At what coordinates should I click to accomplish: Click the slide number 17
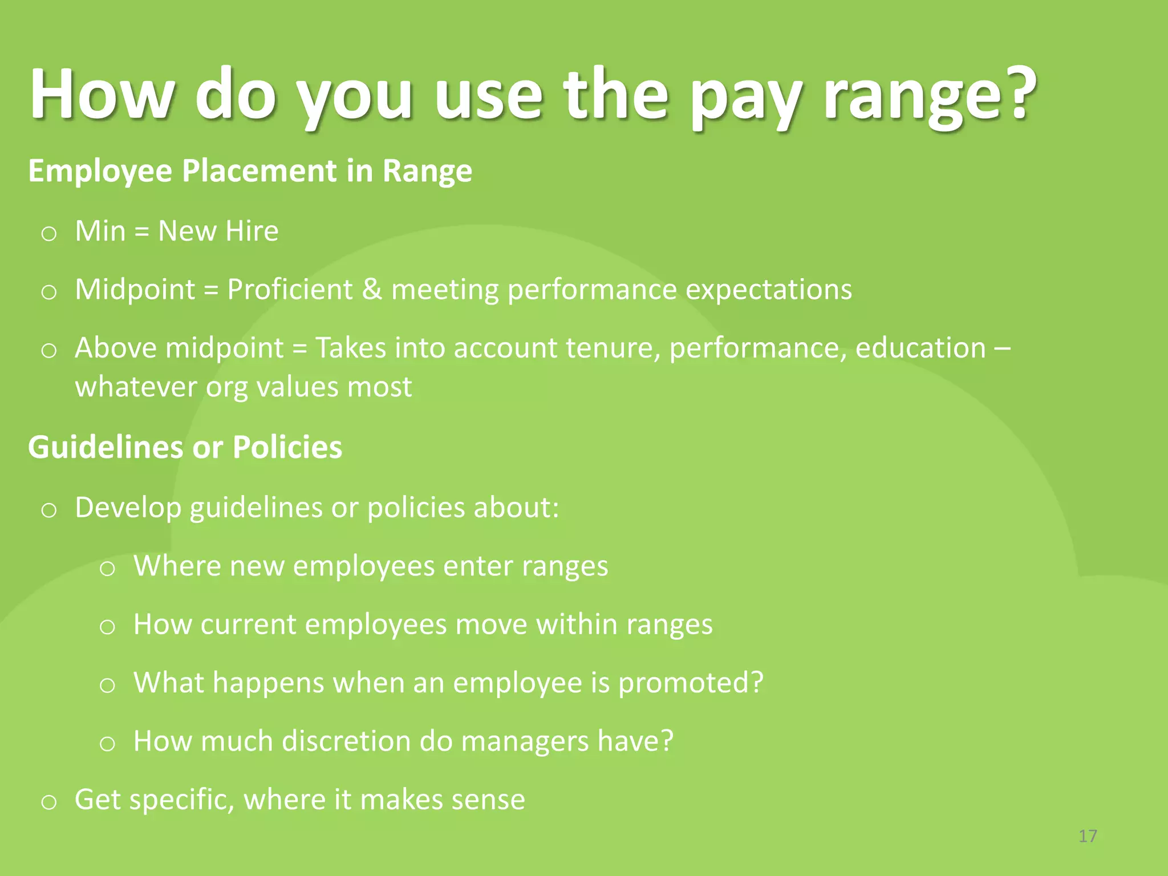point(1088,836)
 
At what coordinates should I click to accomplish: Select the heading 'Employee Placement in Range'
point(250,171)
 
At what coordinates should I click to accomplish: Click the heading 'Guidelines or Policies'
point(185,447)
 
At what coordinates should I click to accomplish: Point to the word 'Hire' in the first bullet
point(252,231)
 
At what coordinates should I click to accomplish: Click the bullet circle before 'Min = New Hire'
point(49,233)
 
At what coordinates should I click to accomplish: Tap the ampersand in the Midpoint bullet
point(372,289)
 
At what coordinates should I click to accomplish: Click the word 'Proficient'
point(290,289)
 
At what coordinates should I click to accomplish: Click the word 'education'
point(920,348)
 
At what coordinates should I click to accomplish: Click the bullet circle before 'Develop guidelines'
point(49,509)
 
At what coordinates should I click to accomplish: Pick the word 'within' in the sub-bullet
point(576,624)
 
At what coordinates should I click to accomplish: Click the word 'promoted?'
point(691,683)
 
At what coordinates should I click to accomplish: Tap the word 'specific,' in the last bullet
point(182,800)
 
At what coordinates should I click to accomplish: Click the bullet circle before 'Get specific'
point(49,802)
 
